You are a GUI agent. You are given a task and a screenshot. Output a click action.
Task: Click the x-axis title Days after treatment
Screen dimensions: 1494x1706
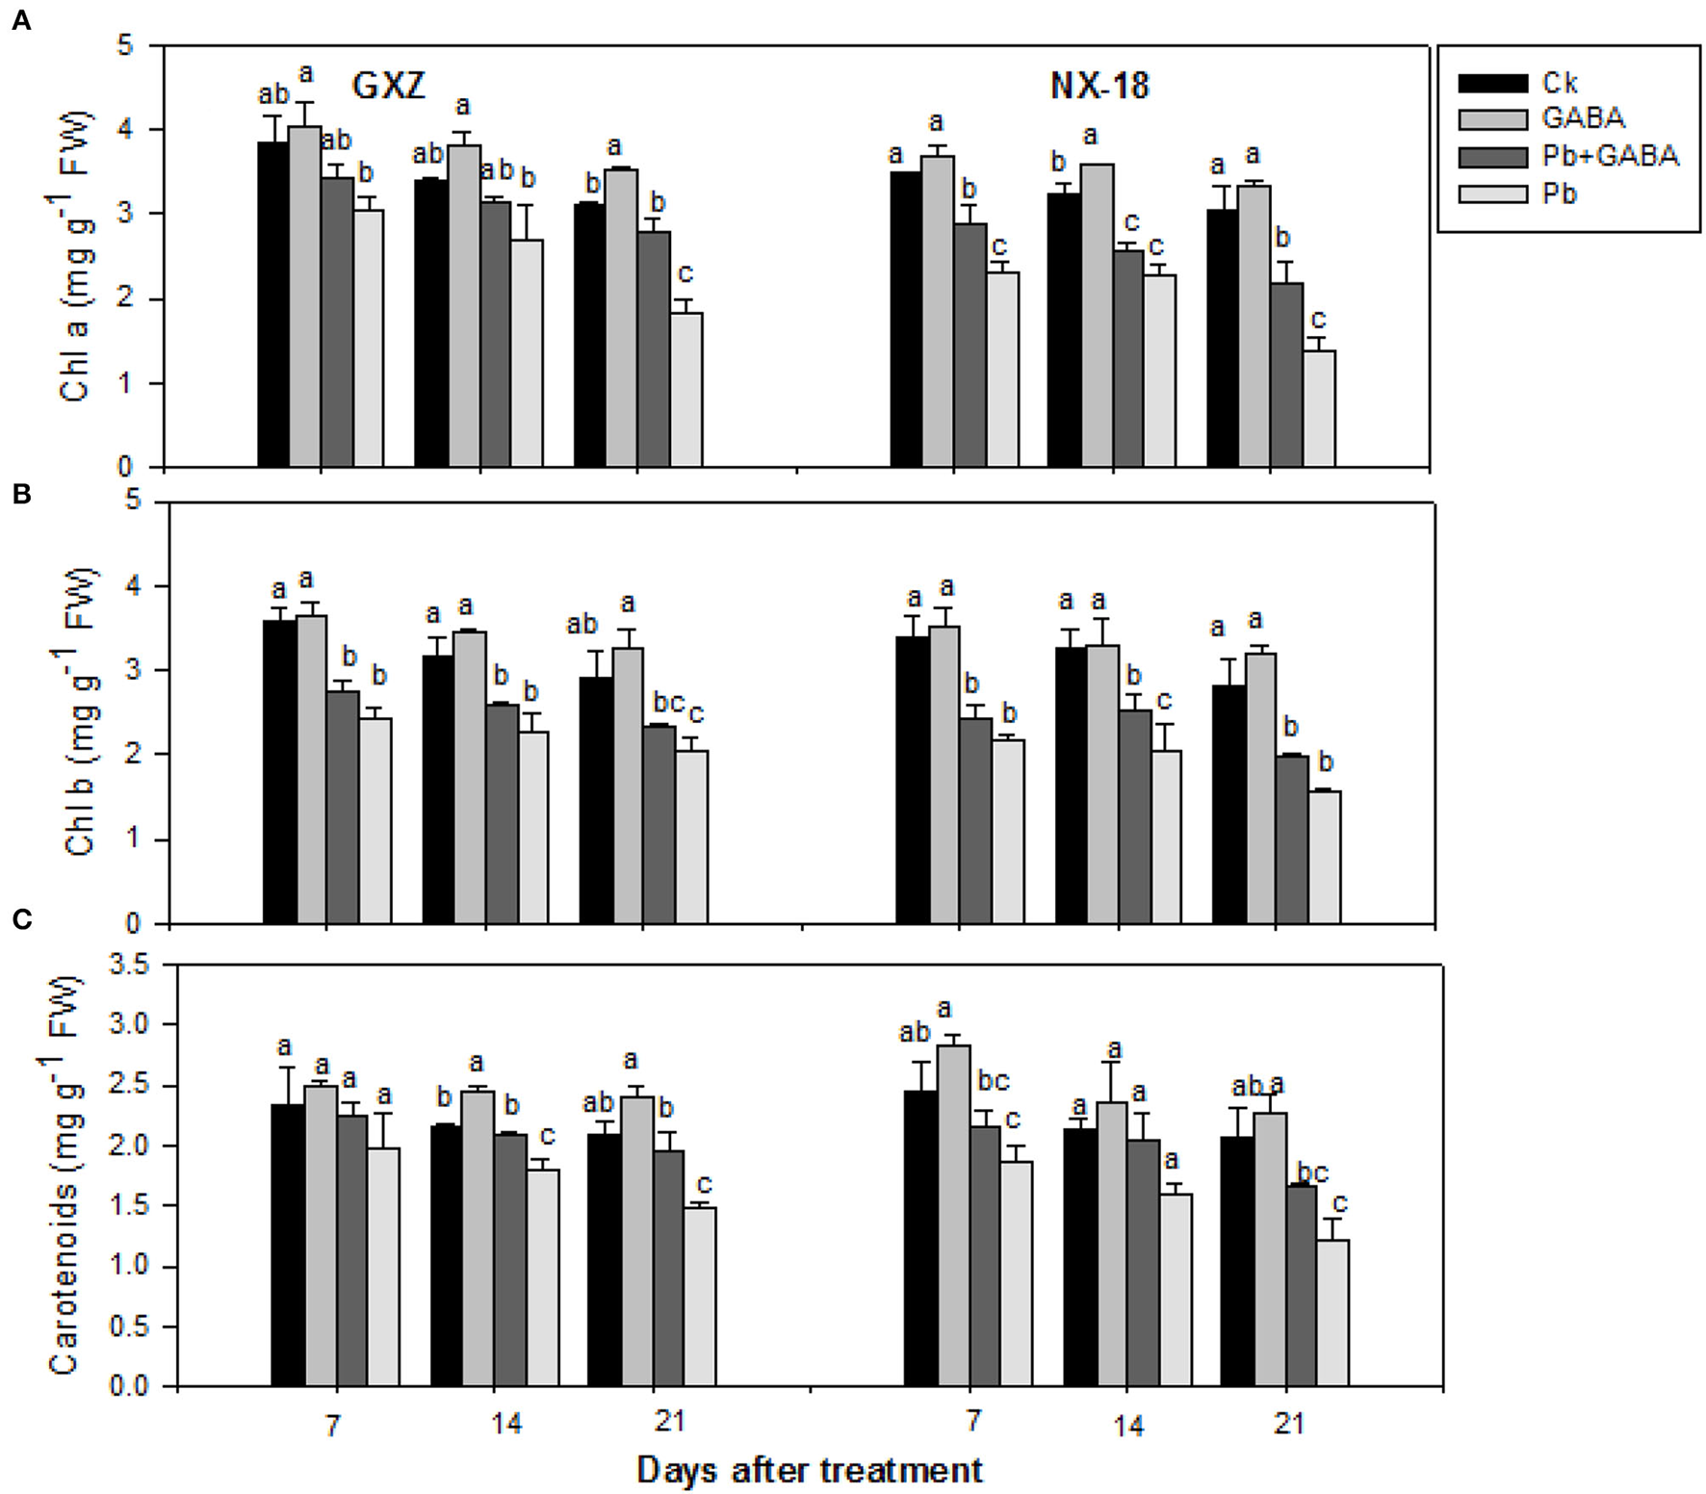point(810,1470)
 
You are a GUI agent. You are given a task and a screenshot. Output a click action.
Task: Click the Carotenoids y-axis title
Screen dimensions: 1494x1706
point(65,1176)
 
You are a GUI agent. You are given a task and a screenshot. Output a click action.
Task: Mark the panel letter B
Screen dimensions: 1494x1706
point(21,494)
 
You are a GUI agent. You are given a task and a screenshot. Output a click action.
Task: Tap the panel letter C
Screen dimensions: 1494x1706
point(21,920)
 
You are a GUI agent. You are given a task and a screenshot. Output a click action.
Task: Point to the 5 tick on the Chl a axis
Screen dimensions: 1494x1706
point(125,45)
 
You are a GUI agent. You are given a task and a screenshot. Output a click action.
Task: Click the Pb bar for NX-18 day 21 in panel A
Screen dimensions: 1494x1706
point(1319,409)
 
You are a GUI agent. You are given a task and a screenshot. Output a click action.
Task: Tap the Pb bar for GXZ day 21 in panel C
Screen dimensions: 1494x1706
point(698,1297)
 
